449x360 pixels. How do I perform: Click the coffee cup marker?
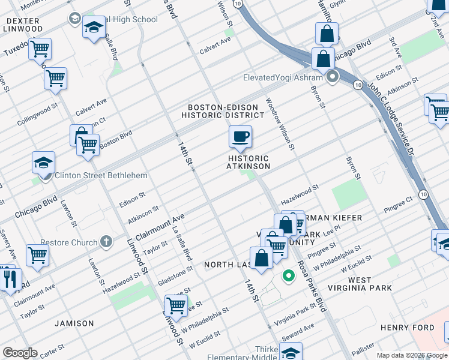pyautogui.click(x=240, y=137)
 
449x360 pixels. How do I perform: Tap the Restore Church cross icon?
pyautogui.click(x=106, y=242)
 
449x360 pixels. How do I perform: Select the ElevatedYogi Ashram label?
pyautogui.click(x=283, y=77)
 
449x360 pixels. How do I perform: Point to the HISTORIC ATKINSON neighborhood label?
pyautogui.click(x=249, y=162)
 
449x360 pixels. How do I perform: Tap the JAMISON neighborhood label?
pyautogui.click(x=74, y=323)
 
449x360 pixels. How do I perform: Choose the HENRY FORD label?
pyautogui.click(x=407, y=328)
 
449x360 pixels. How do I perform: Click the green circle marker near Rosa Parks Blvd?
pyautogui.click(x=288, y=277)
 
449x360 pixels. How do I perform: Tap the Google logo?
pyautogui.click(x=19, y=353)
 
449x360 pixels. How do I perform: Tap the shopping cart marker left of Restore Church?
pyautogui.click(x=37, y=255)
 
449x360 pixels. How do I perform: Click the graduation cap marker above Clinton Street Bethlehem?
pyautogui.click(x=43, y=162)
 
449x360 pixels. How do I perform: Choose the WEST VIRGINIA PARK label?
pyautogui.click(x=369, y=284)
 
